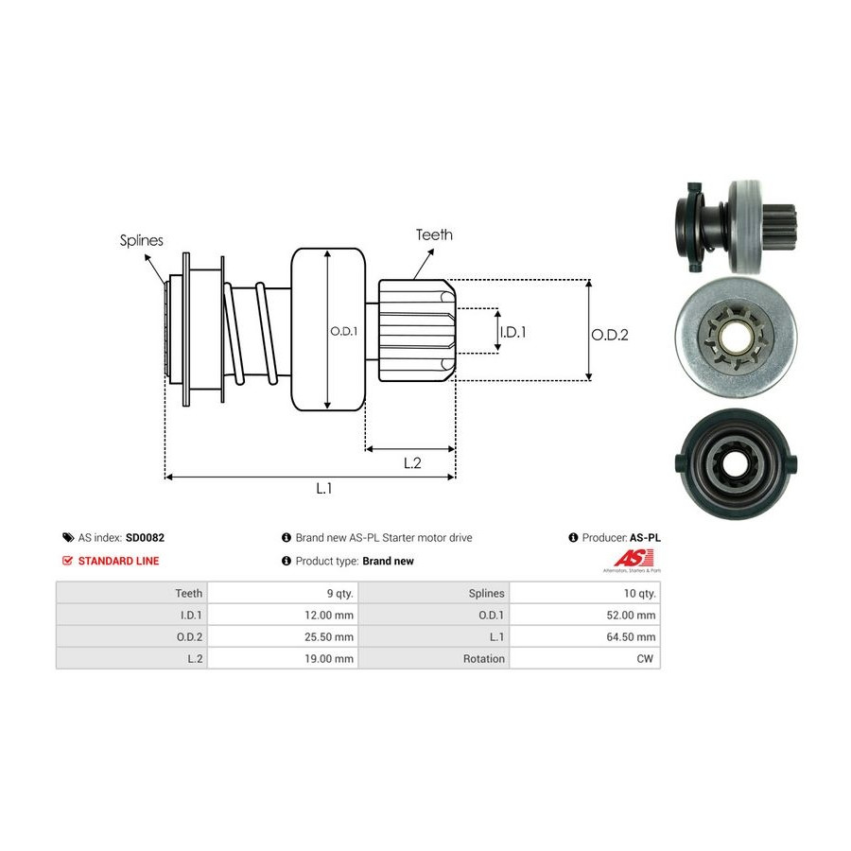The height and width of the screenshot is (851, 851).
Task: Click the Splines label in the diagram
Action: (x=141, y=240)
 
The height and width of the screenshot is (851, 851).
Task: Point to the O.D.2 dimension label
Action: (x=610, y=334)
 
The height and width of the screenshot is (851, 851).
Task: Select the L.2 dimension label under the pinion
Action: (x=411, y=462)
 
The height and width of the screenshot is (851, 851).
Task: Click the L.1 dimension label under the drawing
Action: (x=323, y=488)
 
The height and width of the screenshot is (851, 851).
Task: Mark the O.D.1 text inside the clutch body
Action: (x=343, y=331)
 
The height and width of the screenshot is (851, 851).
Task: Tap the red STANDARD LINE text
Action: (x=118, y=561)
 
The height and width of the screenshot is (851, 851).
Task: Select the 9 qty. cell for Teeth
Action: (x=338, y=594)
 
